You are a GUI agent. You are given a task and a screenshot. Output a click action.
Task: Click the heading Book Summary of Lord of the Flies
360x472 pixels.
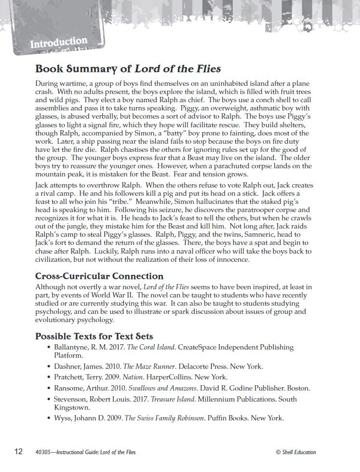[x=128, y=69]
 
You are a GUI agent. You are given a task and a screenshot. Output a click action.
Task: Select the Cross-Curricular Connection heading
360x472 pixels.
[x=99, y=276]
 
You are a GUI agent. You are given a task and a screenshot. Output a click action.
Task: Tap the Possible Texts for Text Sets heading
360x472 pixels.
[x=94, y=336]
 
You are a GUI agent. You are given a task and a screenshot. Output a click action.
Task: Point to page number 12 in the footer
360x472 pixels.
[x=18, y=452]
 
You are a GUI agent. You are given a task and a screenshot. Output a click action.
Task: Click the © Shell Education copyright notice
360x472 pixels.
[x=296, y=452]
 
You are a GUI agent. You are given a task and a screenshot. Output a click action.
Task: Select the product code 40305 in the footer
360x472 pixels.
[x=42, y=452]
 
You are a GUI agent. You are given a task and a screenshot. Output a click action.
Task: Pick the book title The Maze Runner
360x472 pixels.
[x=149, y=366]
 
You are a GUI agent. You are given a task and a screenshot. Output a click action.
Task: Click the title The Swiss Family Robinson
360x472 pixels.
[x=164, y=418]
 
